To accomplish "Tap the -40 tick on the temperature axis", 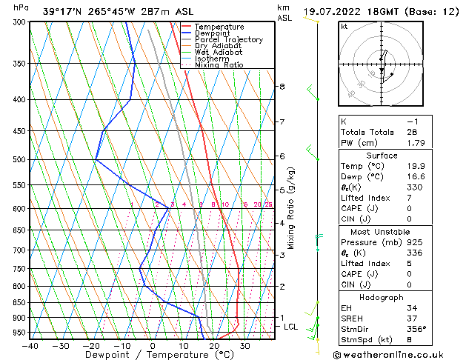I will [30, 346].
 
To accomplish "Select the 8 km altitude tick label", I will [282, 87].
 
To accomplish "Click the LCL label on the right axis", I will [291, 327].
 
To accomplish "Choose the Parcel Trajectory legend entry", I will [228, 39].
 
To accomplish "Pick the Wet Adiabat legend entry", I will [219, 52].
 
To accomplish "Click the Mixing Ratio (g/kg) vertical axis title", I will [291, 208].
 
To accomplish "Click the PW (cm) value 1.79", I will [416, 143].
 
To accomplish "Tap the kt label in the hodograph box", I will [344, 26].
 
